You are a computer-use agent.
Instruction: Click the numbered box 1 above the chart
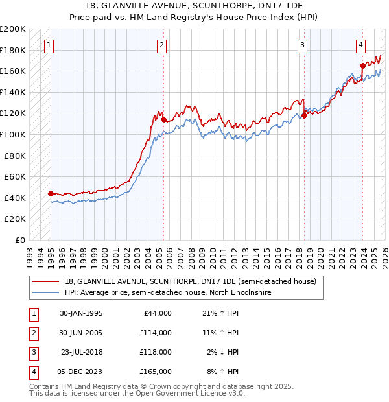(50, 45)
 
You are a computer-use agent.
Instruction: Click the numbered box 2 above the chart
(161, 45)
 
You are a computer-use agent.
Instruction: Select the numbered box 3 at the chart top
(303, 45)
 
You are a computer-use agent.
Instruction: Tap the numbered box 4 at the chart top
(360, 45)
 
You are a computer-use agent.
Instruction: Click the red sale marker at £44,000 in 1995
(51, 193)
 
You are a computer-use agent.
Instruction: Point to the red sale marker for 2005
(163, 119)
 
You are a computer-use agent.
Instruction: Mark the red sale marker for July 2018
(303, 115)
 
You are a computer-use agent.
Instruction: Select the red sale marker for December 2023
(362, 65)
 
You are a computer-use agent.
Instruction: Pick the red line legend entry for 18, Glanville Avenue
(190, 281)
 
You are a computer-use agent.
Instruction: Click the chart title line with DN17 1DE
(194, 6)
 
